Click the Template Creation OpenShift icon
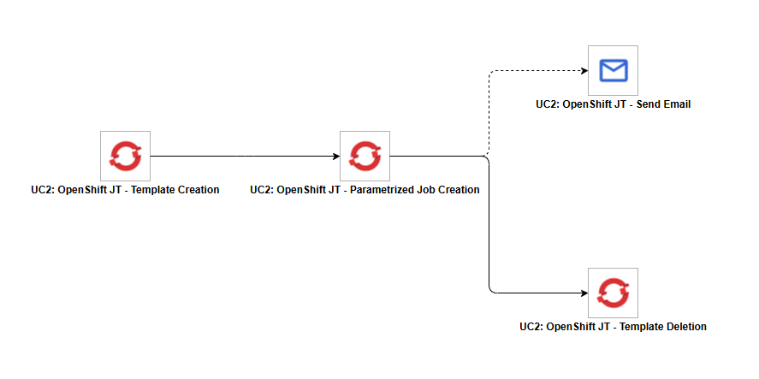point(125,156)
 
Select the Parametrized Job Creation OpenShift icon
point(365,156)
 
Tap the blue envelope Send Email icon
point(613,70)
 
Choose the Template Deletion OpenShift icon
point(613,293)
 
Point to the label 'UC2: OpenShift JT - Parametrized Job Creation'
point(365,190)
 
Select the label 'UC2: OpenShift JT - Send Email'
point(613,104)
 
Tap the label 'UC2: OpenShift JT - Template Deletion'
point(613,327)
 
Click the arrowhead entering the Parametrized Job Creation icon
point(335,157)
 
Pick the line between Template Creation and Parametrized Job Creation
point(240,157)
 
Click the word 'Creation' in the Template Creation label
point(198,190)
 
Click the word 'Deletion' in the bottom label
point(685,327)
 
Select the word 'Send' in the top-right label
point(643,104)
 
